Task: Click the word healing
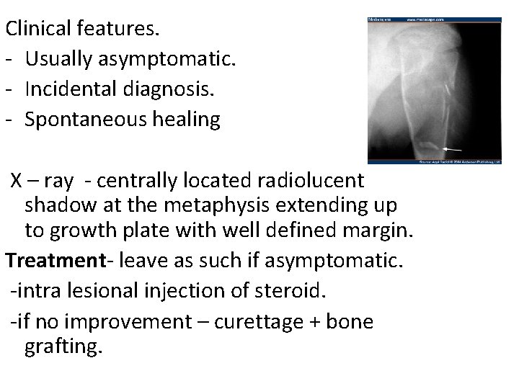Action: [x=186, y=120]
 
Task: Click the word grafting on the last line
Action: [x=64, y=347]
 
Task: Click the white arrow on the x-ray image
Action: [x=453, y=148]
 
